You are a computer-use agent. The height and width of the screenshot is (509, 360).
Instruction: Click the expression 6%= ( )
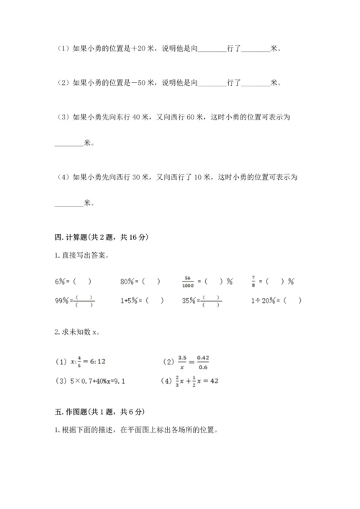[73, 281]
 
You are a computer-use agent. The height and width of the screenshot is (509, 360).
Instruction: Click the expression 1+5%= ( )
[143, 301]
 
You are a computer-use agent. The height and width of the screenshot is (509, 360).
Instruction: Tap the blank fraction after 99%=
[86, 301]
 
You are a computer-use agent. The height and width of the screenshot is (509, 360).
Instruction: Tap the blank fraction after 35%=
[212, 301]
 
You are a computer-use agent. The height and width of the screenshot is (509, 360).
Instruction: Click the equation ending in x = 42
[189, 380]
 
